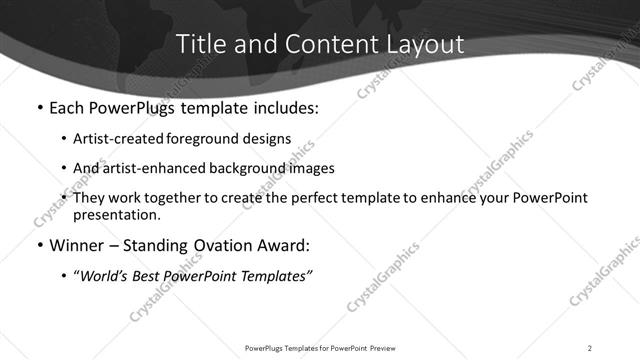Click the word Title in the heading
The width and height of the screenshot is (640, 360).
200,44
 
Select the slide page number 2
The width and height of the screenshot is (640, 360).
589,348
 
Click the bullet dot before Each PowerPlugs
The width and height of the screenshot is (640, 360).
38,107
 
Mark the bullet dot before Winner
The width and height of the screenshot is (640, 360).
38,245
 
